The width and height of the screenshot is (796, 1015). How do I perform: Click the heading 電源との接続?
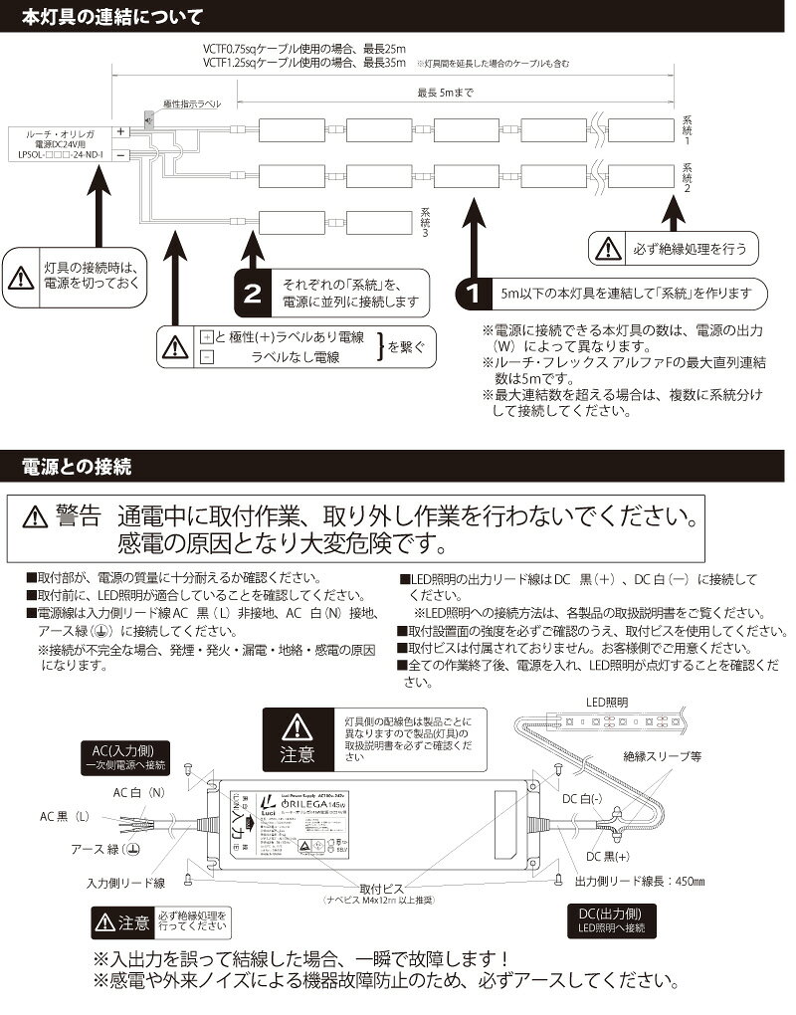coord(76,465)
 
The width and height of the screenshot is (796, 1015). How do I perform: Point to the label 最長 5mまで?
coord(447,94)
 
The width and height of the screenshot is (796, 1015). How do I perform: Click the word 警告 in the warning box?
coord(80,516)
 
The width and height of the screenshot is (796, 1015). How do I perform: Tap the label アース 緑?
coord(103,852)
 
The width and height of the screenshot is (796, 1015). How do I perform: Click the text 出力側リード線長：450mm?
coord(640,881)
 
